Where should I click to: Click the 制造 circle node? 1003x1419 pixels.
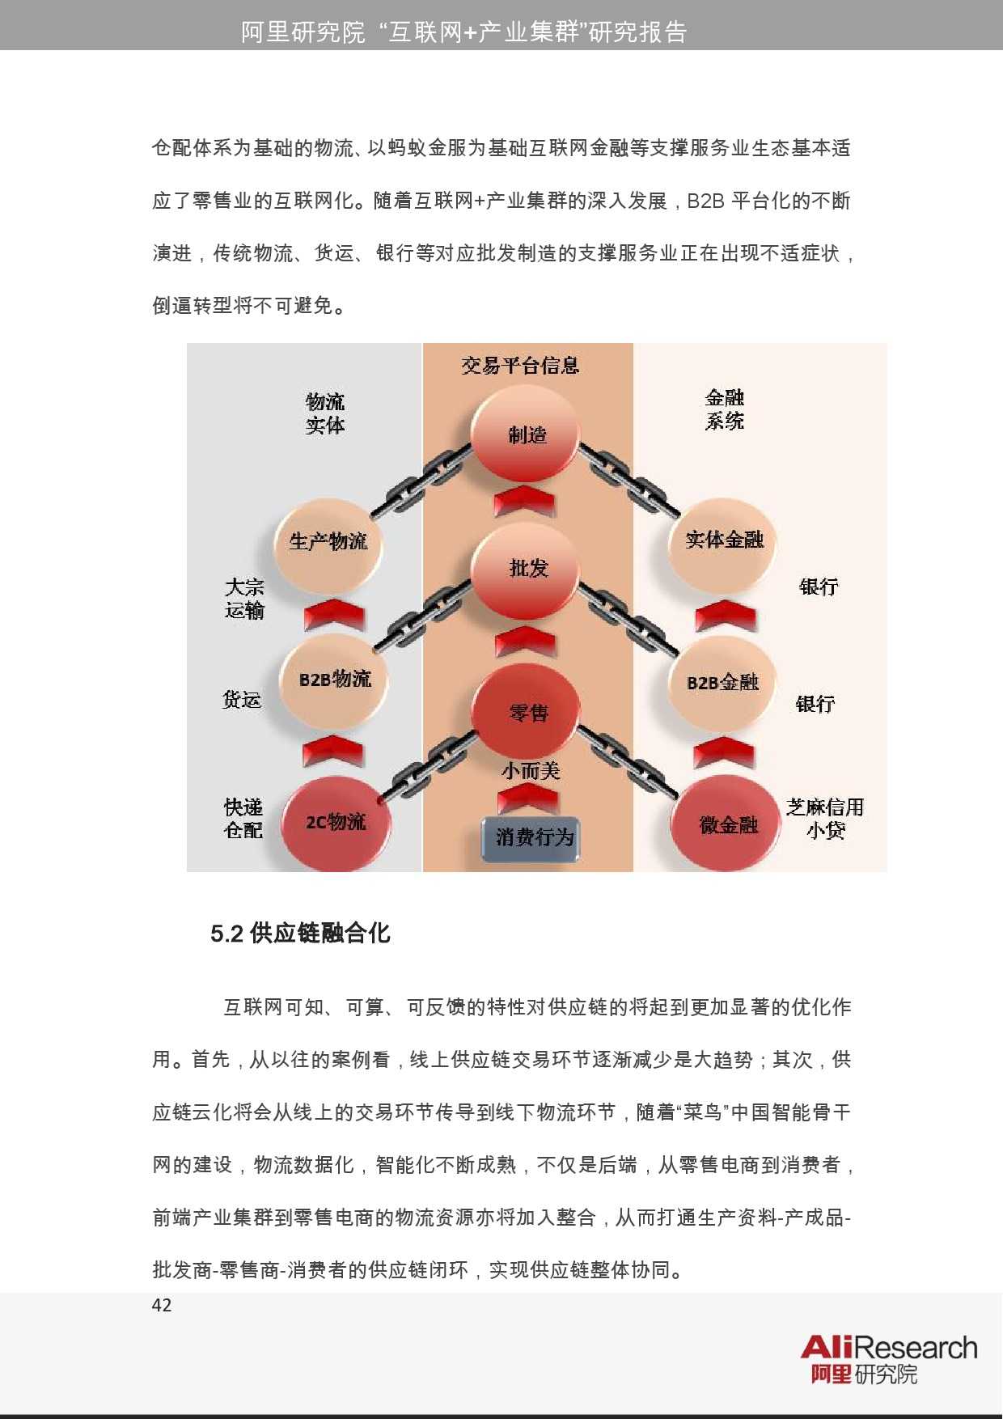click(x=526, y=434)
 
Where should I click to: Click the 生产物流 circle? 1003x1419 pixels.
click(x=328, y=541)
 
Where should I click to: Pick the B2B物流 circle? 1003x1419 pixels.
click(x=334, y=679)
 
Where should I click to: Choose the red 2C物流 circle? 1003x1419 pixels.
click(x=336, y=823)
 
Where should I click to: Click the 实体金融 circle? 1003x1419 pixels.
click(x=724, y=540)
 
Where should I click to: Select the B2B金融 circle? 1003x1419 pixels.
click(x=722, y=682)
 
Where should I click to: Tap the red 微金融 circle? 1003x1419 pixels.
click(x=727, y=824)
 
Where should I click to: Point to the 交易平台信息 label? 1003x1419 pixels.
click(x=520, y=366)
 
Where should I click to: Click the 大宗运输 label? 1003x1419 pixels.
click(x=244, y=598)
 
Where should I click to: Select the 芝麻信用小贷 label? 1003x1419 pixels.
click(x=825, y=818)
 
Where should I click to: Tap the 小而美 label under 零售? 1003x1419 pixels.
click(x=530, y=770)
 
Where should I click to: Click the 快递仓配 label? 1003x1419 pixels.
click(x=243, y=818)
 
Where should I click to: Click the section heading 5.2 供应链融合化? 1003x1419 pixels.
click(x=300, y=934)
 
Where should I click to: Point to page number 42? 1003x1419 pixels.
click(x=162, y=1305)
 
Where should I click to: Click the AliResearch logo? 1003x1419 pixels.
click(x=888, y=1359)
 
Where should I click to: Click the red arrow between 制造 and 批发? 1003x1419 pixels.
click(x=525, y=501)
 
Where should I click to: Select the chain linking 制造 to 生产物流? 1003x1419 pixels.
click(x=421, y=481)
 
